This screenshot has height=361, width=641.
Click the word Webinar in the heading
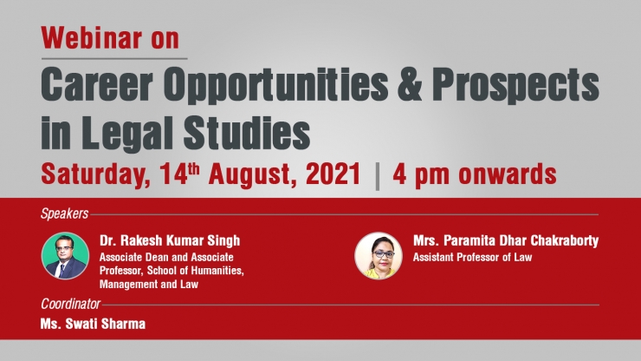92,38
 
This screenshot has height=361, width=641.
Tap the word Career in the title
97,85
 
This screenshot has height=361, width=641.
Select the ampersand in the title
410,85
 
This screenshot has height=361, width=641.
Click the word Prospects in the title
515,86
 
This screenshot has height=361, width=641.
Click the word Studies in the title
247,133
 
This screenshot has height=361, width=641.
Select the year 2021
333,174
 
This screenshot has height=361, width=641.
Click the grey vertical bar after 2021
377,176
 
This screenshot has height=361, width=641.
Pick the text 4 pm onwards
475,174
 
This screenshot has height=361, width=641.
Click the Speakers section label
65,213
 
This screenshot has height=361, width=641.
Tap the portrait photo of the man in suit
65,256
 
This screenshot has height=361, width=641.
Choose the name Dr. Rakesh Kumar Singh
170,240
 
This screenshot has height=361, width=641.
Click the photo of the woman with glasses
379,256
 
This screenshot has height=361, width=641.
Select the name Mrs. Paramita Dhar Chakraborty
506,240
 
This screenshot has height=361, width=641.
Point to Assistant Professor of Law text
473,258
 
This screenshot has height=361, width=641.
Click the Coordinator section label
70,304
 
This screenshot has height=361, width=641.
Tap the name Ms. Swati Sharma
93,324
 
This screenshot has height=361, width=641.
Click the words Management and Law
149,284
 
